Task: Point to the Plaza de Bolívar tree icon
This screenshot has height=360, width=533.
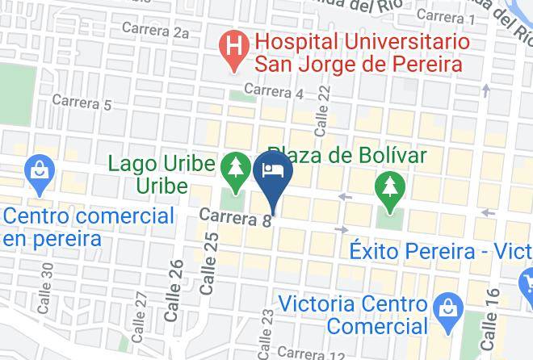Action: click(389, 189)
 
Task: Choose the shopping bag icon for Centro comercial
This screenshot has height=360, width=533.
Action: click(38, 170)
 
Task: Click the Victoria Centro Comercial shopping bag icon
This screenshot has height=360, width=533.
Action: click(446, 308)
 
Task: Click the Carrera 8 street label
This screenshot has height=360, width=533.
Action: click(233, 217)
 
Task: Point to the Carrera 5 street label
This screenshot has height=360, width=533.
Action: click(81, 103)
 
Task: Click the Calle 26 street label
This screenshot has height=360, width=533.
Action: click(174, 291)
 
